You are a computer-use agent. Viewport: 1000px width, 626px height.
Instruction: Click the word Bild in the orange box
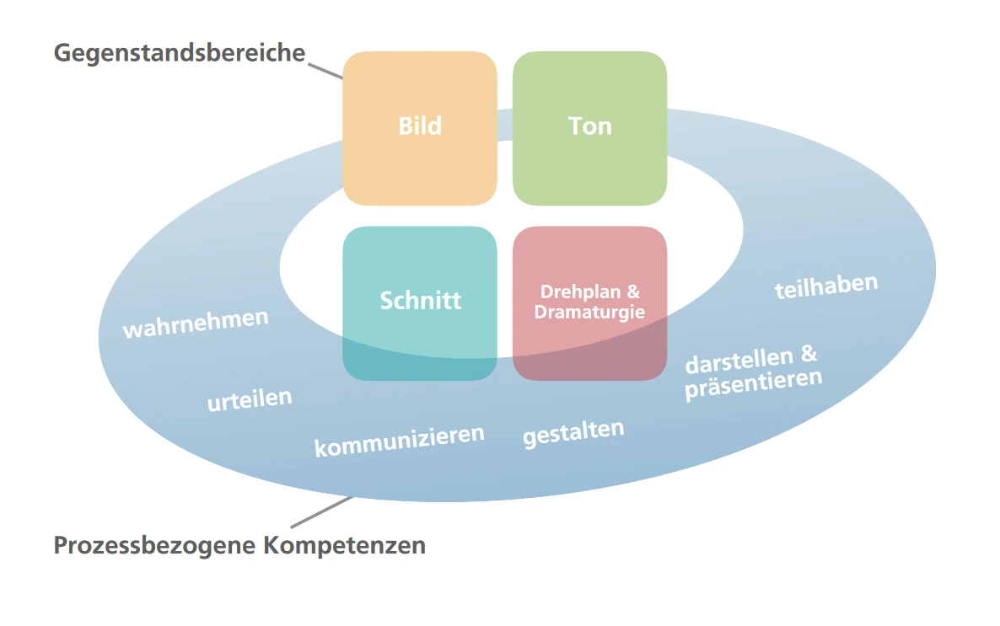[x=420, y=126]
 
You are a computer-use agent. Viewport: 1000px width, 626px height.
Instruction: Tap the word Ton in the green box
[x=589, y=126]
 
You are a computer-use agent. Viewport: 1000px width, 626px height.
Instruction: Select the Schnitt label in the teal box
[x=420, y=301]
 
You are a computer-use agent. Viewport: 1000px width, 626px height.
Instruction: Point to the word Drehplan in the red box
[x=580, y=292]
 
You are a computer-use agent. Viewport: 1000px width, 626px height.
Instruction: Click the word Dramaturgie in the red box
[x=589, y=312]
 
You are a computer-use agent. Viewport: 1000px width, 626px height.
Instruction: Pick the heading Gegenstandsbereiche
[x=179, y=52]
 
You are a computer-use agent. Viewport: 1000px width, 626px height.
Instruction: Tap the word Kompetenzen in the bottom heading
[x=345, y=545]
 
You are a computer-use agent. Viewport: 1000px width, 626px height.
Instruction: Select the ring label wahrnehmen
[x=196, y=323]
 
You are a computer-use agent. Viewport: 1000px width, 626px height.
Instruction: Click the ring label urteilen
[x=250, y=399]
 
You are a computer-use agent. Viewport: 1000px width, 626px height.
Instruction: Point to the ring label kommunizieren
[x=400, y=440]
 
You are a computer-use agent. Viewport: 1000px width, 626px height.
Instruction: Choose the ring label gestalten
[x=573, y=433]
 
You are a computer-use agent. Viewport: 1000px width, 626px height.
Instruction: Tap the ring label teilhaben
[x=826, y=286]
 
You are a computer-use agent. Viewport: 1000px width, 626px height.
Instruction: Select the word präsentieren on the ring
[x=753, y=383]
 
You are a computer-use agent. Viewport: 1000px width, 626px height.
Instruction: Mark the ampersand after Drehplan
[x=632, y=292]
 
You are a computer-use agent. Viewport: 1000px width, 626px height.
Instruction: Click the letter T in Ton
[x=575, y=126]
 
